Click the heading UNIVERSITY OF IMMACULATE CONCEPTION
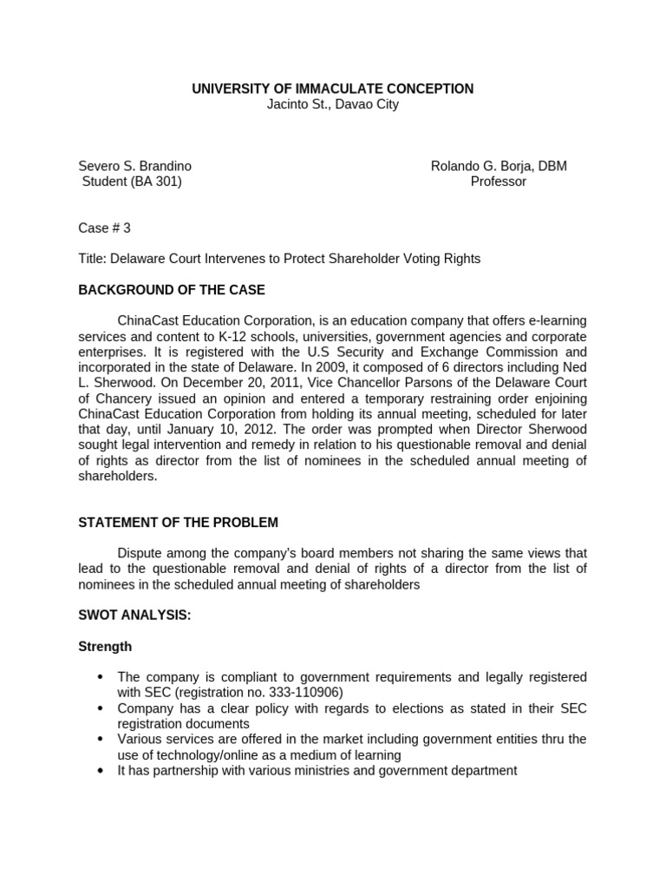point(332,89)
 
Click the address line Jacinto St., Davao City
point(332,105)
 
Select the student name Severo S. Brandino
point(135,166)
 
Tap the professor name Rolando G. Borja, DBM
point(499,166)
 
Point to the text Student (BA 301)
point(132,181)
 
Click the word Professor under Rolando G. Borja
point(498,181)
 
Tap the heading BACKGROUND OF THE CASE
point(172,289)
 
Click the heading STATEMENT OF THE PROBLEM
point(178,522)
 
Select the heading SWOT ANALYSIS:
point(134,615)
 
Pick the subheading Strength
point(105,646)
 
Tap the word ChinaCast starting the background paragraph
point(147,320)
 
